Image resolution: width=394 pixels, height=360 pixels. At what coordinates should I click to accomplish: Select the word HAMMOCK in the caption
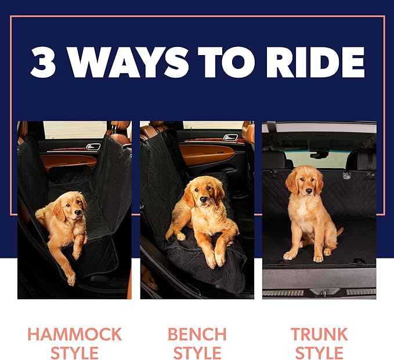click(75, 334)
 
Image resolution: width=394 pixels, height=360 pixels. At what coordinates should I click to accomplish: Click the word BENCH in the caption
click(197, 334)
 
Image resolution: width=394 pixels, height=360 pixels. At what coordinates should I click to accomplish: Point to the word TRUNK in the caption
click(319, 334)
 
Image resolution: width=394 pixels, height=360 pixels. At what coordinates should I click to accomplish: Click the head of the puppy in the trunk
click(304, 180)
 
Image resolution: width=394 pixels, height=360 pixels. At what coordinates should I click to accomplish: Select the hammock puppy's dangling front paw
click(71, 279)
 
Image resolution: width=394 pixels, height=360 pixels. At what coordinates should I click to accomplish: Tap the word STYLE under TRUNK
click(319, 352)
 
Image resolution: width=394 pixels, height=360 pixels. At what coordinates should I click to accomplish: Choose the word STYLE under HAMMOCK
click(75, 352)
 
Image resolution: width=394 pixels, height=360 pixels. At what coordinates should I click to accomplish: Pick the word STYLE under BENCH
click(197, 352)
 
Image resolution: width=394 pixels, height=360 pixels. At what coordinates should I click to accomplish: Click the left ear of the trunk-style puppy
click(291, 181)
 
